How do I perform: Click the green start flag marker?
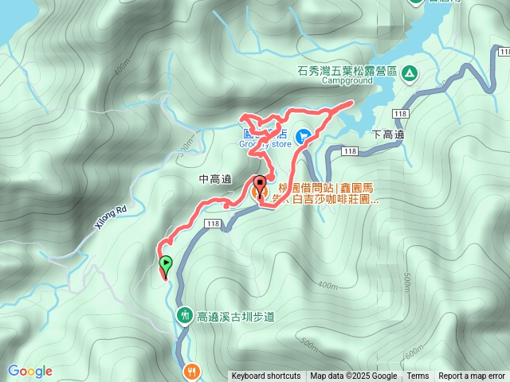pos(166,263)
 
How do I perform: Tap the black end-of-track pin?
pos(259,182)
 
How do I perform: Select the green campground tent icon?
pos(409,73)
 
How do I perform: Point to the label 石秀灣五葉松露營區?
pos(347,71)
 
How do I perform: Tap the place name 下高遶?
pos(388,134)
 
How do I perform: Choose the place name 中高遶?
pos(215,180)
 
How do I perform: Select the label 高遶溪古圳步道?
pos(235,316)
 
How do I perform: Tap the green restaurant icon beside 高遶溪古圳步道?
pos(184,315)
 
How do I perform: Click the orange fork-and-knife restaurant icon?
pos(192,371)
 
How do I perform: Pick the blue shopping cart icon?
pos(304,137)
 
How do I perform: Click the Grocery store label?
pos(266,144)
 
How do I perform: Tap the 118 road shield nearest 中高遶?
pos(211,225)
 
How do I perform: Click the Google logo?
pos(29,371)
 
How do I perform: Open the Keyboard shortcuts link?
pos(266,376)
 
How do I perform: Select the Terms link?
pos(418,376)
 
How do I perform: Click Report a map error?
pos(472,376)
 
